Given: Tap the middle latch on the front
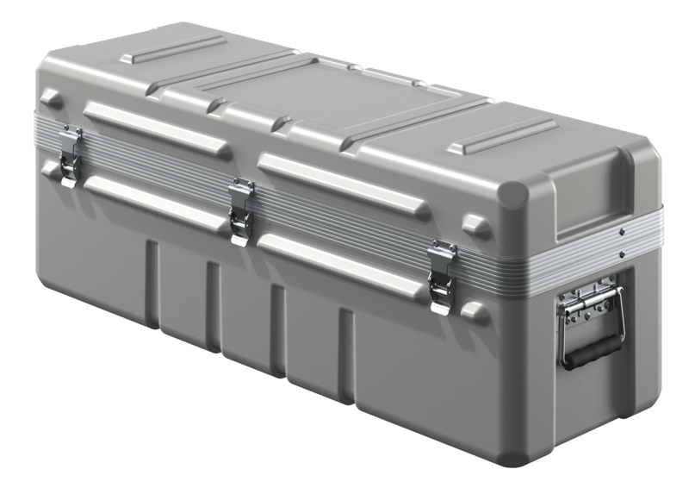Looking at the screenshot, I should [241, 210].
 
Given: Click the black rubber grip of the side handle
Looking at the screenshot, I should [593, 349].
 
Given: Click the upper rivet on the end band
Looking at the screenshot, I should [621, 232].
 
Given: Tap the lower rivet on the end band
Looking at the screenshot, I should [621, 253].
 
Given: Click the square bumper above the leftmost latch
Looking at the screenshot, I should [51, 98].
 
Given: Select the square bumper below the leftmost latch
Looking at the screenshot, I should [50, 170].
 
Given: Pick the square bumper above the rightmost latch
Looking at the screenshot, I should [475, 226].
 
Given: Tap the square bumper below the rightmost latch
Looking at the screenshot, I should [475, 311].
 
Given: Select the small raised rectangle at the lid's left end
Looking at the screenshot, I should [172, 50].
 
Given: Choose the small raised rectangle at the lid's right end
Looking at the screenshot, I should [501, 136].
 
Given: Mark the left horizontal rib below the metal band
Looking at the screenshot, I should [155, 200].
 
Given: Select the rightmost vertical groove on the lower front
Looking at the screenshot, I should [345, 353].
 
